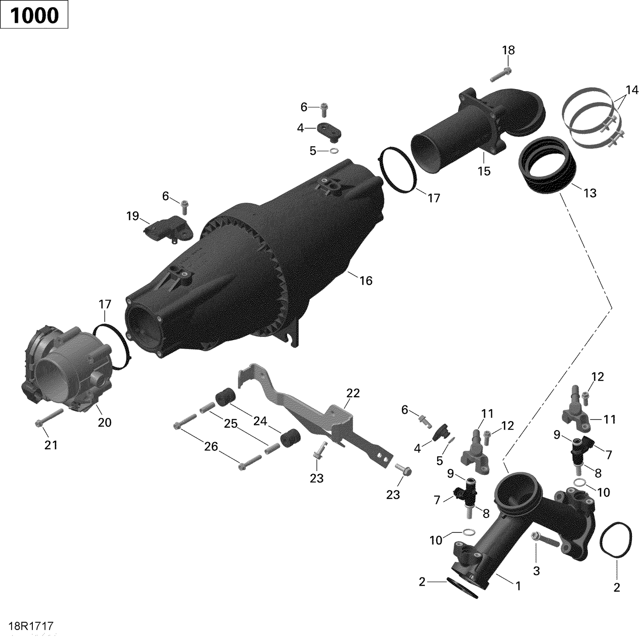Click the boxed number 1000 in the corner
click(34, 15)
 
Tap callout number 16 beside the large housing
click(366, 281)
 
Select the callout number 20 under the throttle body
click(104, 422)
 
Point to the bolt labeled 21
click(49, 418)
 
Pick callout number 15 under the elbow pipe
click(484, 171)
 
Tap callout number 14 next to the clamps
click(632, 90)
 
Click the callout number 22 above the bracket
click(353, 393)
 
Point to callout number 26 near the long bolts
click(211, 446)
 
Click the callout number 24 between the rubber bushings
click(260, 421)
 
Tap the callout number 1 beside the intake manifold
click(518, 586)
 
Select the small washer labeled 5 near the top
click(334, 150)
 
